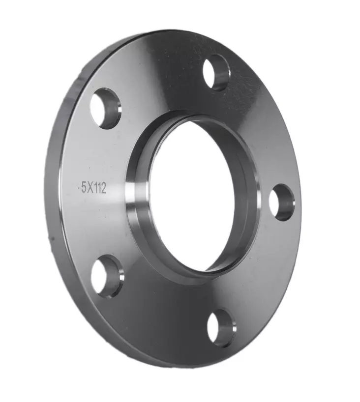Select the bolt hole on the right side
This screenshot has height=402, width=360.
coord(282,202)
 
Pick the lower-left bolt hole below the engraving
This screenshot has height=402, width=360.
coord(107,276)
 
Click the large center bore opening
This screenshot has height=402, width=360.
coord(192,197)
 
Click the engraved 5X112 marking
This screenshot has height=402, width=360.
coord(93,188)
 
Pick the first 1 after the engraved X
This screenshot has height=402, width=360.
coord(96,188)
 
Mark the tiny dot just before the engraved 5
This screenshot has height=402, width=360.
coord(79,187)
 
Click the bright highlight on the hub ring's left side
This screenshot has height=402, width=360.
coord(132,197)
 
